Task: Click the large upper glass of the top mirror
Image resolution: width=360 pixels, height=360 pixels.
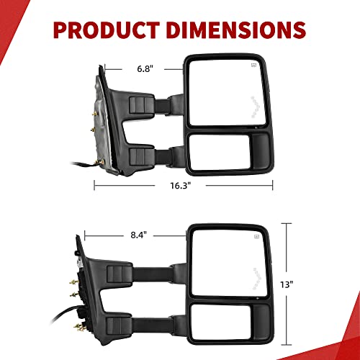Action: tap(223, 91)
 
